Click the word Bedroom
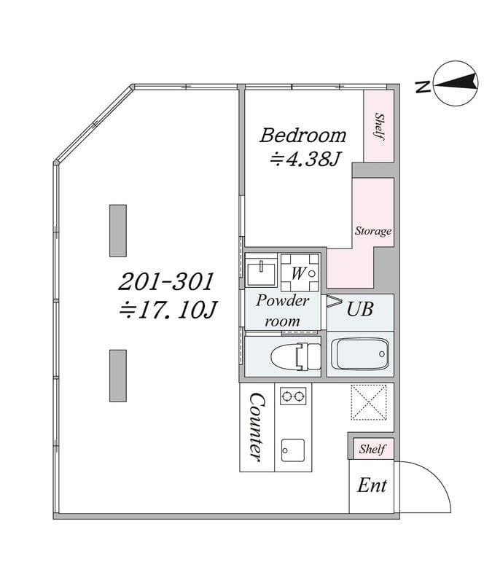(302, 136)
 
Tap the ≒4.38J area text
(305, 160)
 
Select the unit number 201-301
(166, 281)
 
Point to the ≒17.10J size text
(168, 310)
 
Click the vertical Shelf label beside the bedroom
(379, 126)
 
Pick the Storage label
(373, 231)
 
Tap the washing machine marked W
(300, 273)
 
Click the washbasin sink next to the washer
(261, 271)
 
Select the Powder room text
(282, 310)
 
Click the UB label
(359, 308)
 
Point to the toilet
(296, 356)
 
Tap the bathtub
(360, 354)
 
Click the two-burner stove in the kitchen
(293, 396)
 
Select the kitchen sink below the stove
(293, 450)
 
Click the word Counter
(257, 428)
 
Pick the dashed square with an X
(369, 403)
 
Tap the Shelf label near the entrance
(372, 449)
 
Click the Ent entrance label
(372, 485)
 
